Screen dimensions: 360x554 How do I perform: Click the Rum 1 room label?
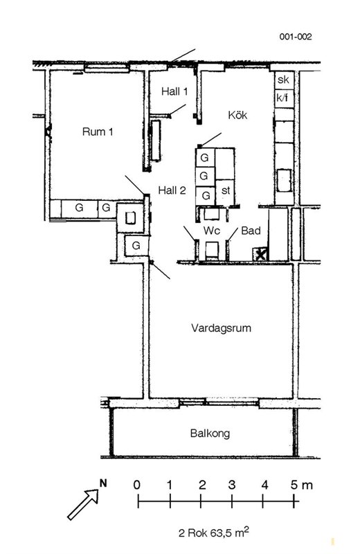pos(98,132)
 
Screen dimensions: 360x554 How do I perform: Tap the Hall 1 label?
pos(174,91)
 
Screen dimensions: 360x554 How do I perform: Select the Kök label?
pos(237,115)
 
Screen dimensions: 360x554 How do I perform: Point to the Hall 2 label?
pos(172,190)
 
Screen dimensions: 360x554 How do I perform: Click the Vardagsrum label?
pos(221,328)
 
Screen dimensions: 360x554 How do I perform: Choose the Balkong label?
pos(210,434)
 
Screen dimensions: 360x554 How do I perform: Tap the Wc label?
pos(212,231)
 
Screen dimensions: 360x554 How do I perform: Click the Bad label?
pos(251,231)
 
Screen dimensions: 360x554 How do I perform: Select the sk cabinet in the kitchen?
pos(284,80)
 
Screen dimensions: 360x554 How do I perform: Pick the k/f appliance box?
pos(284,98)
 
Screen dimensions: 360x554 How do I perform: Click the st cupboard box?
pos(225,192)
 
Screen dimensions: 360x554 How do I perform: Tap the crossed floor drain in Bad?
pos(260,254)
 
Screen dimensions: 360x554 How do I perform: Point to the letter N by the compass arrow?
pos(103,483)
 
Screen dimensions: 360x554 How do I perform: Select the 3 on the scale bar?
pos(232,485)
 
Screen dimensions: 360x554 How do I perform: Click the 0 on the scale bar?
pos(137,485)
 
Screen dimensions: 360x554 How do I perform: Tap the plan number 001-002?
pos(296,37)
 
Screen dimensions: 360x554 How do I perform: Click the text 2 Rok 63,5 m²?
pos(214,532)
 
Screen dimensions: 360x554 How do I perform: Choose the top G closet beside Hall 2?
pos(205,158)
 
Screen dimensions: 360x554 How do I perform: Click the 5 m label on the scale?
pos(302,485)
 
